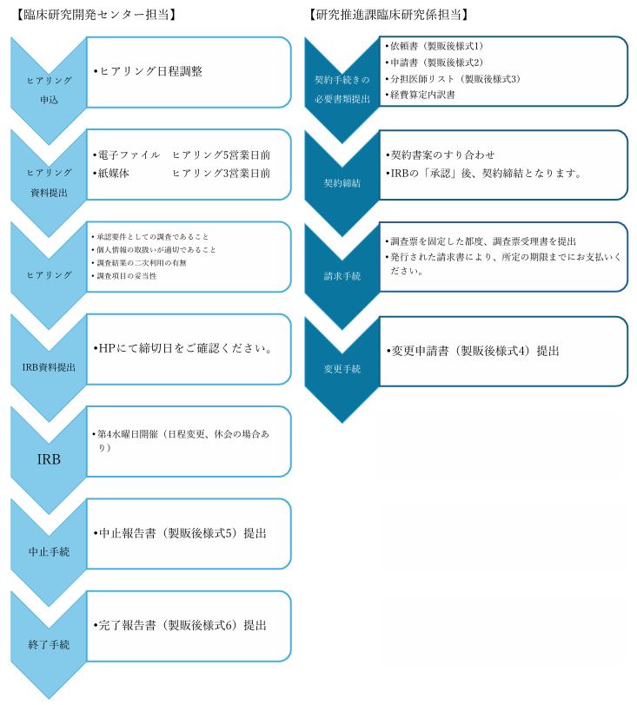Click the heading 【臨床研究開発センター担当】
(96, 15)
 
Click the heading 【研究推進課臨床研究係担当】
(389, 15)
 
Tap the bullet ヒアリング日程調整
(148, 71)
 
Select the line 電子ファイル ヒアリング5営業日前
(182, 155)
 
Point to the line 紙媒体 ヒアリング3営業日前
(182, 173)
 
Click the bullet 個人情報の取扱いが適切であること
(154, 249)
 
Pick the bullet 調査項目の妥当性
(123, 275)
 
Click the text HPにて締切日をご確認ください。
(182, 348)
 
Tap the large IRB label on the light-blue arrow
(49, 459)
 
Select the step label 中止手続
(49, 551)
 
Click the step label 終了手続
(49, 644)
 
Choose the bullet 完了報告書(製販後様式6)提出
(180, 625)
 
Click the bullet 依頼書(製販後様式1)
(434, 46)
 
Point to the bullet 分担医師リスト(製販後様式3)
(453, 79)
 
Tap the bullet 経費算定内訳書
(420, 95)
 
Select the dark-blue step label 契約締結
(342, 183)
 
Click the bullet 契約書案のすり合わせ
(441, 155)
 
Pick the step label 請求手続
(342, 276)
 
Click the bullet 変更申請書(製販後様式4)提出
(473, 351)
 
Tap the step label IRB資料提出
(49, 367)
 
